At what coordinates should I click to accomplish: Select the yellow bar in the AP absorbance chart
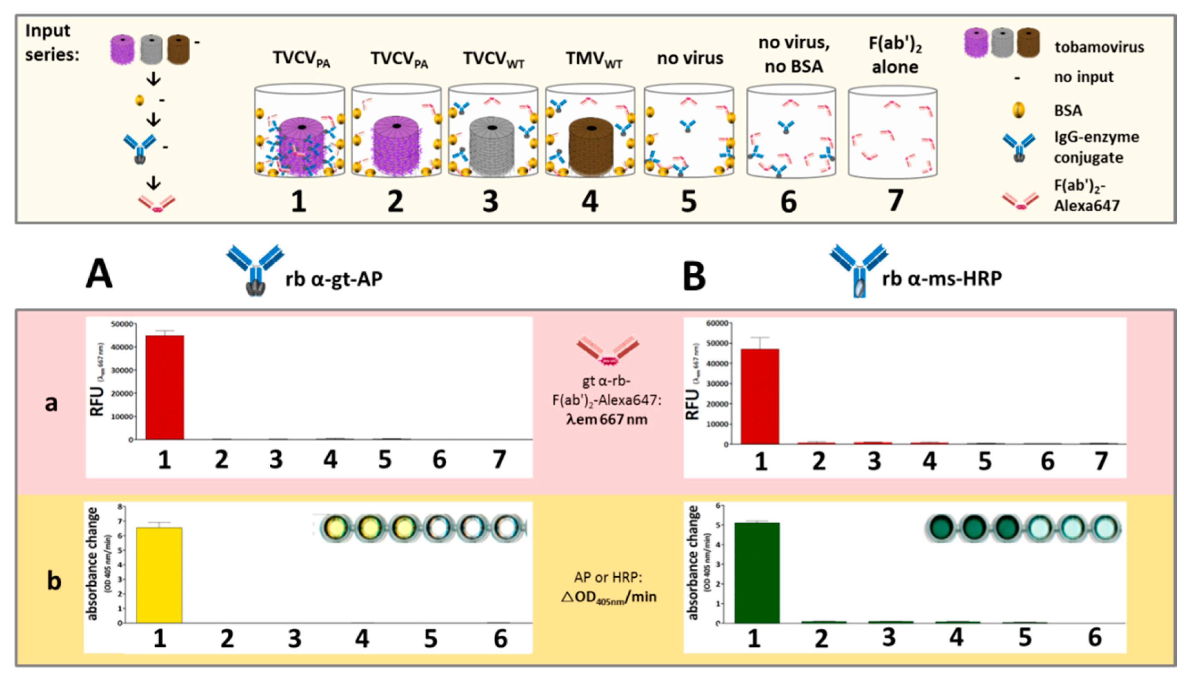click(159, 575)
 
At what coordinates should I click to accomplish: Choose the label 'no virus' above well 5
click(690, 59)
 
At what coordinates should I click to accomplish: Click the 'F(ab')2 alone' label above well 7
click(895, 55)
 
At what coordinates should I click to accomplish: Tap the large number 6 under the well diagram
click(788, 202)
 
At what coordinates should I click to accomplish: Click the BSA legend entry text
click(1068, 111)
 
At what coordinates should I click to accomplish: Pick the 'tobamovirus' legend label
click(1099, 47)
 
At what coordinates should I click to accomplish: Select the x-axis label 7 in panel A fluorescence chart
click(499, 459)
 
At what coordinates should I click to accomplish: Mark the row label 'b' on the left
click(54, 581)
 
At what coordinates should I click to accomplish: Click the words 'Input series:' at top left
click(52, 43)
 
